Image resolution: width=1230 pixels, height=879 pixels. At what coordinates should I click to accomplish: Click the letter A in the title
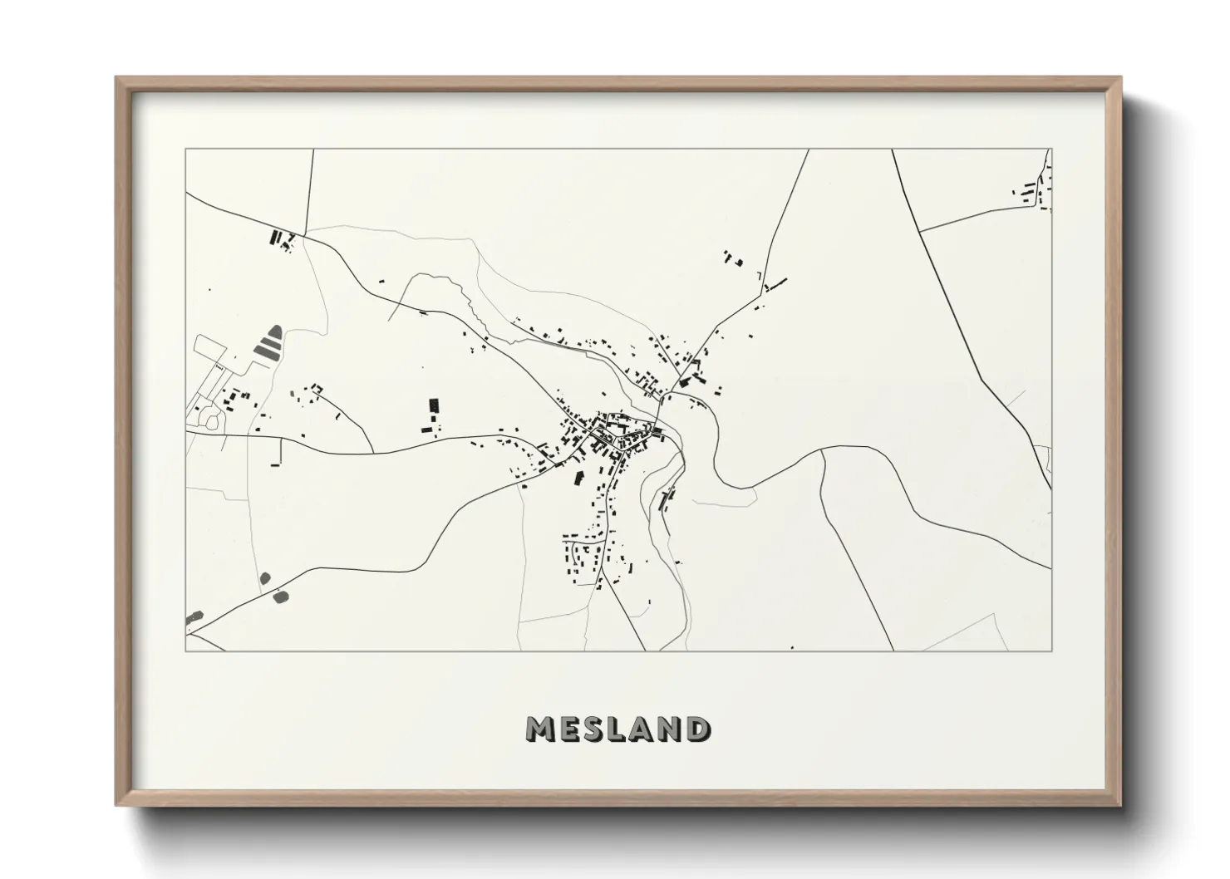tap(644, 729)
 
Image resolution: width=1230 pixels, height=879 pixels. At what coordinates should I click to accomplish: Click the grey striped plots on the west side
tap(268, 342)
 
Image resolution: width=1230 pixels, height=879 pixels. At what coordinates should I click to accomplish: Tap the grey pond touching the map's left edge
tap(194, 617)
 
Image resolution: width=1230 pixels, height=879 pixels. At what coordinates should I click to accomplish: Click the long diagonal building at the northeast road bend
tap(775, 285)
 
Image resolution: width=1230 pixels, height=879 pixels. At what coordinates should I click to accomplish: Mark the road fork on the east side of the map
tap(822, 452)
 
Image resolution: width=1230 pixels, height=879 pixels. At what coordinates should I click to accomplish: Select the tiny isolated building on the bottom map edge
tap(792, 647)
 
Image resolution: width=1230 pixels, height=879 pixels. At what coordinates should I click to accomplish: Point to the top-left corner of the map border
tap(185, 150)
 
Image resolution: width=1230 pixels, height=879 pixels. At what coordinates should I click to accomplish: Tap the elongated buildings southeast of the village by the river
tap(667, 498)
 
